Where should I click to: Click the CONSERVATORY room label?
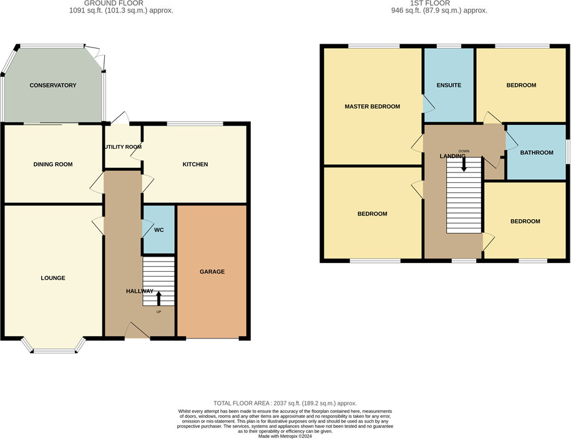click(x=53, y=86)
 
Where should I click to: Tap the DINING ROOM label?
click(x=53, y=165)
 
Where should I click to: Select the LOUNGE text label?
click(x=53, y=278)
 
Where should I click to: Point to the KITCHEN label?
click(x=195, y=165)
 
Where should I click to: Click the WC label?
click(x=159, y=230)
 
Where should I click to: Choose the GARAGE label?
click(x=212, y=272)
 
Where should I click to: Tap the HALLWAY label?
click(x=140, y=291)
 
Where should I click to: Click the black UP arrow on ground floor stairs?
click(x=159, y=298)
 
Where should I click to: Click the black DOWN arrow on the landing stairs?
click(x=464, y=163)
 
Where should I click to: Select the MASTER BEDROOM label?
click(x=372, y=107)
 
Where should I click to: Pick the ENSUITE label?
click(x=449, y=86)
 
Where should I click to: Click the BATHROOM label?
click(x=537, y=152)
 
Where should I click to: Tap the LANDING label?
click(x=452, y=156)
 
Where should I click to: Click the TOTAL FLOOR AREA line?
click(x=285, y=403)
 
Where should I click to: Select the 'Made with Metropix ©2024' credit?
click(x=285, y=436)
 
